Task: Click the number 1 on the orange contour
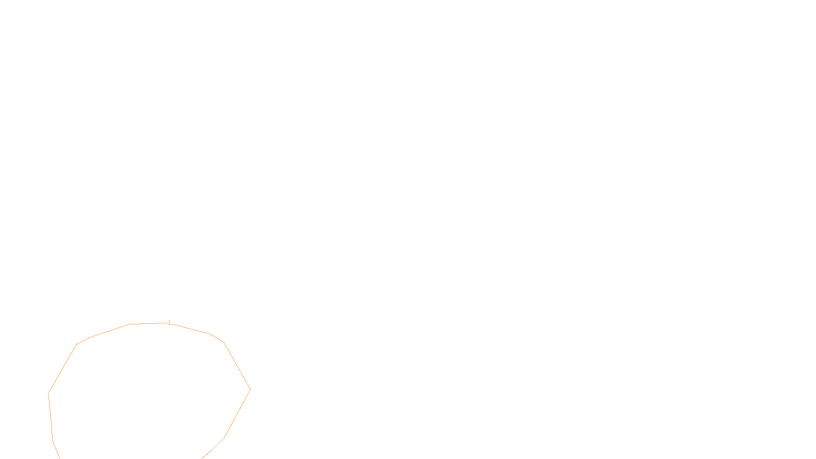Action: click(x=169, y=323)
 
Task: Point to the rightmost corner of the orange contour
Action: click(x=250, y=390)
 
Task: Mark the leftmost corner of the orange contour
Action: click(x=48, y=393)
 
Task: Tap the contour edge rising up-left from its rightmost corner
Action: click(x=237, y=366)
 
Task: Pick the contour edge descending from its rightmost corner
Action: click(x=238, y=414)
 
